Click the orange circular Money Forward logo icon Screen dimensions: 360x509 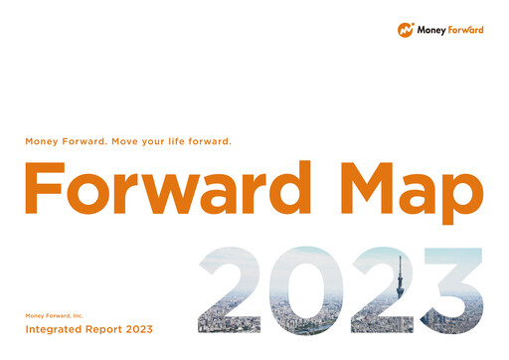click(x=406, y=30)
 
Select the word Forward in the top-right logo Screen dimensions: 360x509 click(x=466, y=30)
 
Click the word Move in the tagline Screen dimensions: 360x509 click(x=132, y=141)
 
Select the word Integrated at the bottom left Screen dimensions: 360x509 click(x=54, y=329)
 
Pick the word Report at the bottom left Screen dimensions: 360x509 click(x=106, y=329)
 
